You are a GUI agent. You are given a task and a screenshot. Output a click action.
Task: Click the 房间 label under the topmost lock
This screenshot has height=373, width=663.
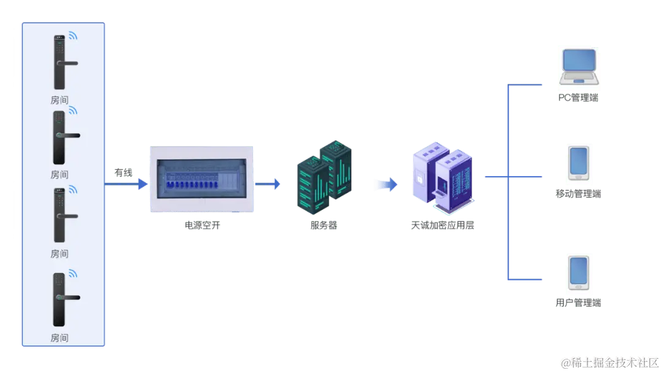(60, 100)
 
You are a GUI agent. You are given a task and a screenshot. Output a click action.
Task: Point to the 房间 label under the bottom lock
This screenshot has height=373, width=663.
(60, 338)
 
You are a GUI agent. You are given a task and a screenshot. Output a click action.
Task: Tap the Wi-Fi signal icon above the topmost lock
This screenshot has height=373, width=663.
(73, 36)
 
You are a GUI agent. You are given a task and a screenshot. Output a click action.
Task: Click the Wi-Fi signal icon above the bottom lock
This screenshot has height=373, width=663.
(73, 273)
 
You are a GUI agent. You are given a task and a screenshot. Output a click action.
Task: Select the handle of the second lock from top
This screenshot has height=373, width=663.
(69, 135)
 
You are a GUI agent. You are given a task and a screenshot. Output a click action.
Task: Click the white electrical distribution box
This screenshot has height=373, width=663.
(201, 179)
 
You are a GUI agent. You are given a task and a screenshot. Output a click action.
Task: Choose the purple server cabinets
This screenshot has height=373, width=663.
(441, 178)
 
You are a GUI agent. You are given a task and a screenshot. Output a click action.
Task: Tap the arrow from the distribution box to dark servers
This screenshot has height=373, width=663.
(268, 183)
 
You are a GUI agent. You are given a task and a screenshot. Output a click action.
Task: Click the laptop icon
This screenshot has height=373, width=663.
(579, 66)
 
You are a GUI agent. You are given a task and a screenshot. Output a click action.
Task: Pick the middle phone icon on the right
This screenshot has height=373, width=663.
(580, 163)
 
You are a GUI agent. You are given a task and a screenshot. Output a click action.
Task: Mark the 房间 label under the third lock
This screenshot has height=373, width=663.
(60, 254)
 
